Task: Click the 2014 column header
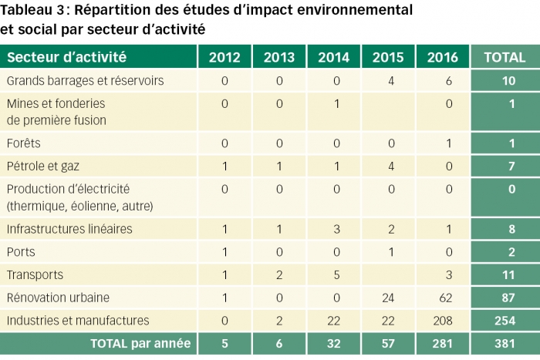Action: coord(333,57)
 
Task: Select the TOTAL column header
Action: coord(505,57)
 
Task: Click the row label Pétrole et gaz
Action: coord(43,167)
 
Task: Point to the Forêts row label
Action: coord(23,143)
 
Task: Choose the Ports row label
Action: coord(21,252)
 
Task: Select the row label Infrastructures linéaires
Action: coord(69,229)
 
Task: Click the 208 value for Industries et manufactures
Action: coord(443,321)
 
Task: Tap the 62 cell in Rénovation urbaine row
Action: coord(446,298)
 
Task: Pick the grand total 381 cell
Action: coord(505,344)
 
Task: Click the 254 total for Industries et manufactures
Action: coord(505,321)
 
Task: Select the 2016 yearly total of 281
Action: coord(443,344)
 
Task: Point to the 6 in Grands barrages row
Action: coord(449,81)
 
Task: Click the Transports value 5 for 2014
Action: coord(337,275)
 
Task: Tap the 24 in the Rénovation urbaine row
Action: coord(388,298)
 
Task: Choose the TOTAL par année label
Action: coord(140,344)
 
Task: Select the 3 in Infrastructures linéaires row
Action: coord(337,229)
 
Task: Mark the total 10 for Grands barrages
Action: coord(508,81)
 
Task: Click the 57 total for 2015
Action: coord(388,344)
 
